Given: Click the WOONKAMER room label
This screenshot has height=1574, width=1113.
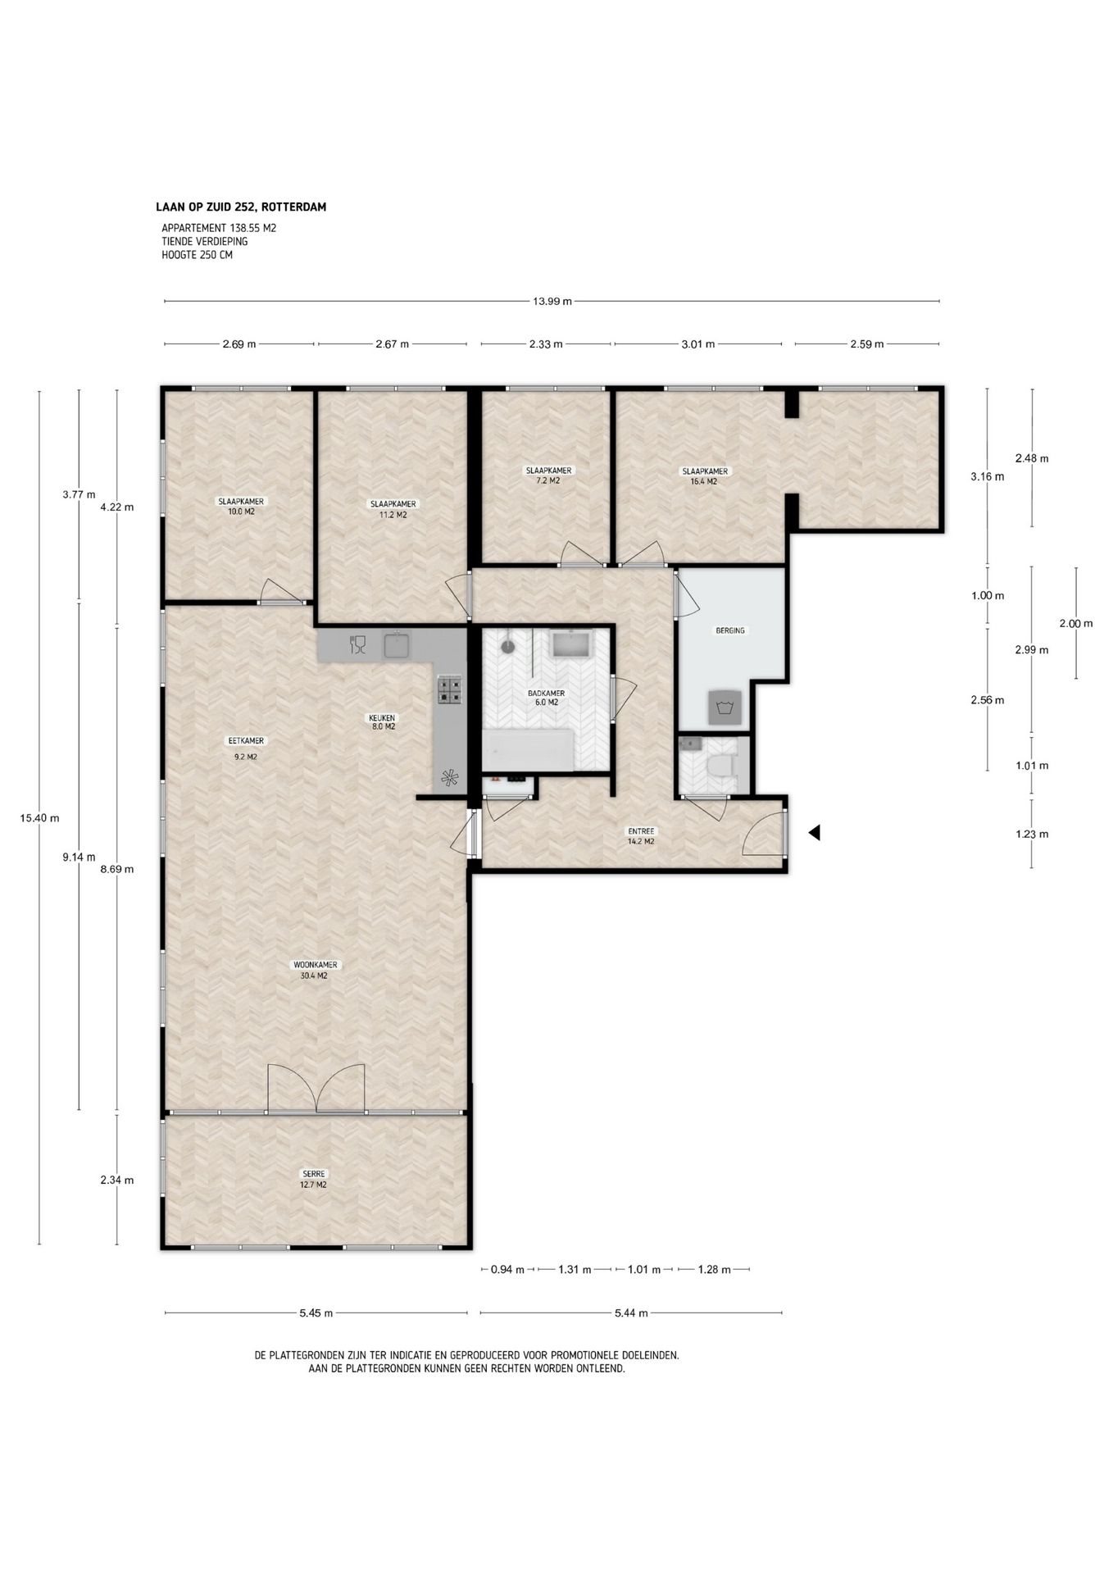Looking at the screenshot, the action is [x=316, y=965].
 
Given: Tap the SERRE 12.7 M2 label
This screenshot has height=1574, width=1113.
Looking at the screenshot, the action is [x=314, y=1179].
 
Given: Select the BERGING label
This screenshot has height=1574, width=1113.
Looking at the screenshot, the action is [x=730, y=630].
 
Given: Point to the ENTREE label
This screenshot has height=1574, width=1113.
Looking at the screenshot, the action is [x=641, y=831].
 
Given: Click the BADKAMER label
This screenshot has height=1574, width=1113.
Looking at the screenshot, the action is [x=547, y=693].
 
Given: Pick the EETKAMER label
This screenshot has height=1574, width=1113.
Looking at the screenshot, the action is [x=246, y=741].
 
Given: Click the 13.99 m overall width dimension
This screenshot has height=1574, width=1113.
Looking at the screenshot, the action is [x=552, y=301].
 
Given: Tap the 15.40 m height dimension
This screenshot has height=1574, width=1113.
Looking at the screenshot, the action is [x=39, y=818].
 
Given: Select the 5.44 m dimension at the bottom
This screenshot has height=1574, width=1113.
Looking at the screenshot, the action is [x=631, y=1312].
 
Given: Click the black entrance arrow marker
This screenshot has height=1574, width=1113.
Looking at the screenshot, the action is [x=814, y=833].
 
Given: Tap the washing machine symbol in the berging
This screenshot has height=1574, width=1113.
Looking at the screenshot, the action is [x=725, y=707].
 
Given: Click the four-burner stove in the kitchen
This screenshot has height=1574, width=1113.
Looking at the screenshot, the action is [x=450, y=689].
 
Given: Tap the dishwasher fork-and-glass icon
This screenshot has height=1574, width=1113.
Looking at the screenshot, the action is [x=357, y=644].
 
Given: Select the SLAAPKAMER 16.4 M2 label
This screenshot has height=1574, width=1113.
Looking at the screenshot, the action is [x=705, y=476].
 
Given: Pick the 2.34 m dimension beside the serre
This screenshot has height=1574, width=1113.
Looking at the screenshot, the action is [x=116, y=1180].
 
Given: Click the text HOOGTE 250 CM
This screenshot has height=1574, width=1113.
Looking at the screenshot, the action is [x=198, y=255].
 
